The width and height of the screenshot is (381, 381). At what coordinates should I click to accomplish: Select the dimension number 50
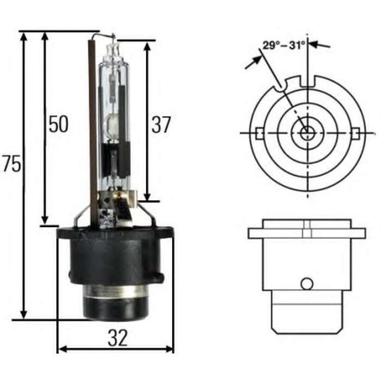click(59, 124)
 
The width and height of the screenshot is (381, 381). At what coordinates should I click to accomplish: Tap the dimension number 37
click(161, 125)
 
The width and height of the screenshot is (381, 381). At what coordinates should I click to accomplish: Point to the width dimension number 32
click(118, 338)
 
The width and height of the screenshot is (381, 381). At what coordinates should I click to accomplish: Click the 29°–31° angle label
click(284, 45)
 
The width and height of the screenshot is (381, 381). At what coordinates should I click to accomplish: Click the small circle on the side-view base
click(307, 284)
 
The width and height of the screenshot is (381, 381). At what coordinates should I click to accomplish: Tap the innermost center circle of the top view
click(308, 133)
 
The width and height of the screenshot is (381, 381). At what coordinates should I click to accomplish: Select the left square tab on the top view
click(259, 133)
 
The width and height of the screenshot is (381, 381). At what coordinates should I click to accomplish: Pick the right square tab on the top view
click(355, 133)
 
